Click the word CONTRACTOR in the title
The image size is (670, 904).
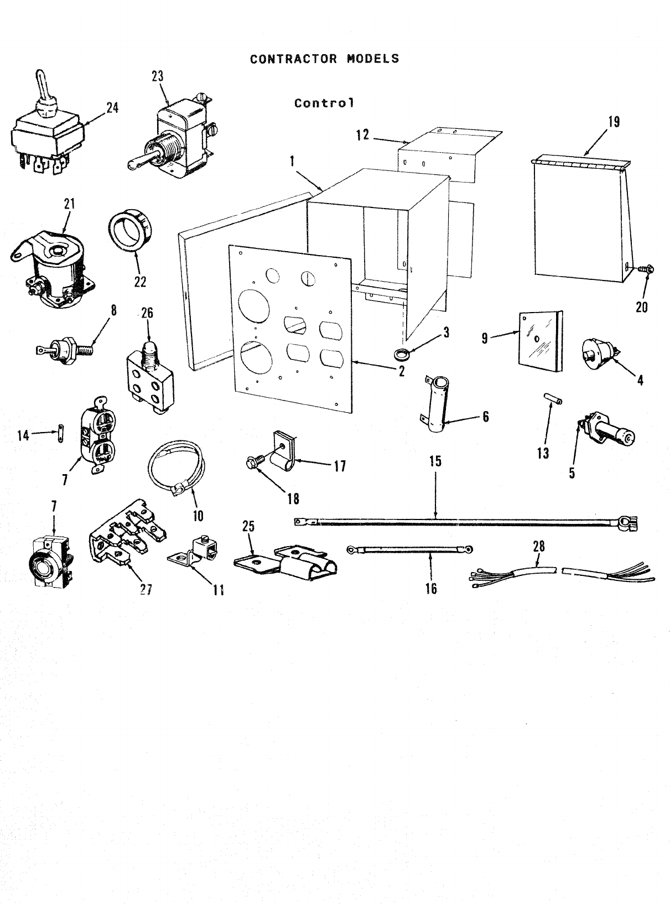tap(293, 59)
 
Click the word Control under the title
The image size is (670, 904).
tap(324, 103)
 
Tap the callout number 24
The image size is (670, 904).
tap(112, 108)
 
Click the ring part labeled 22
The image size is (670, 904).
tap(130, 235)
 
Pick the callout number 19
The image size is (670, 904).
tap(614, 122)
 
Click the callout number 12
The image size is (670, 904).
tap(362, 134)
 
